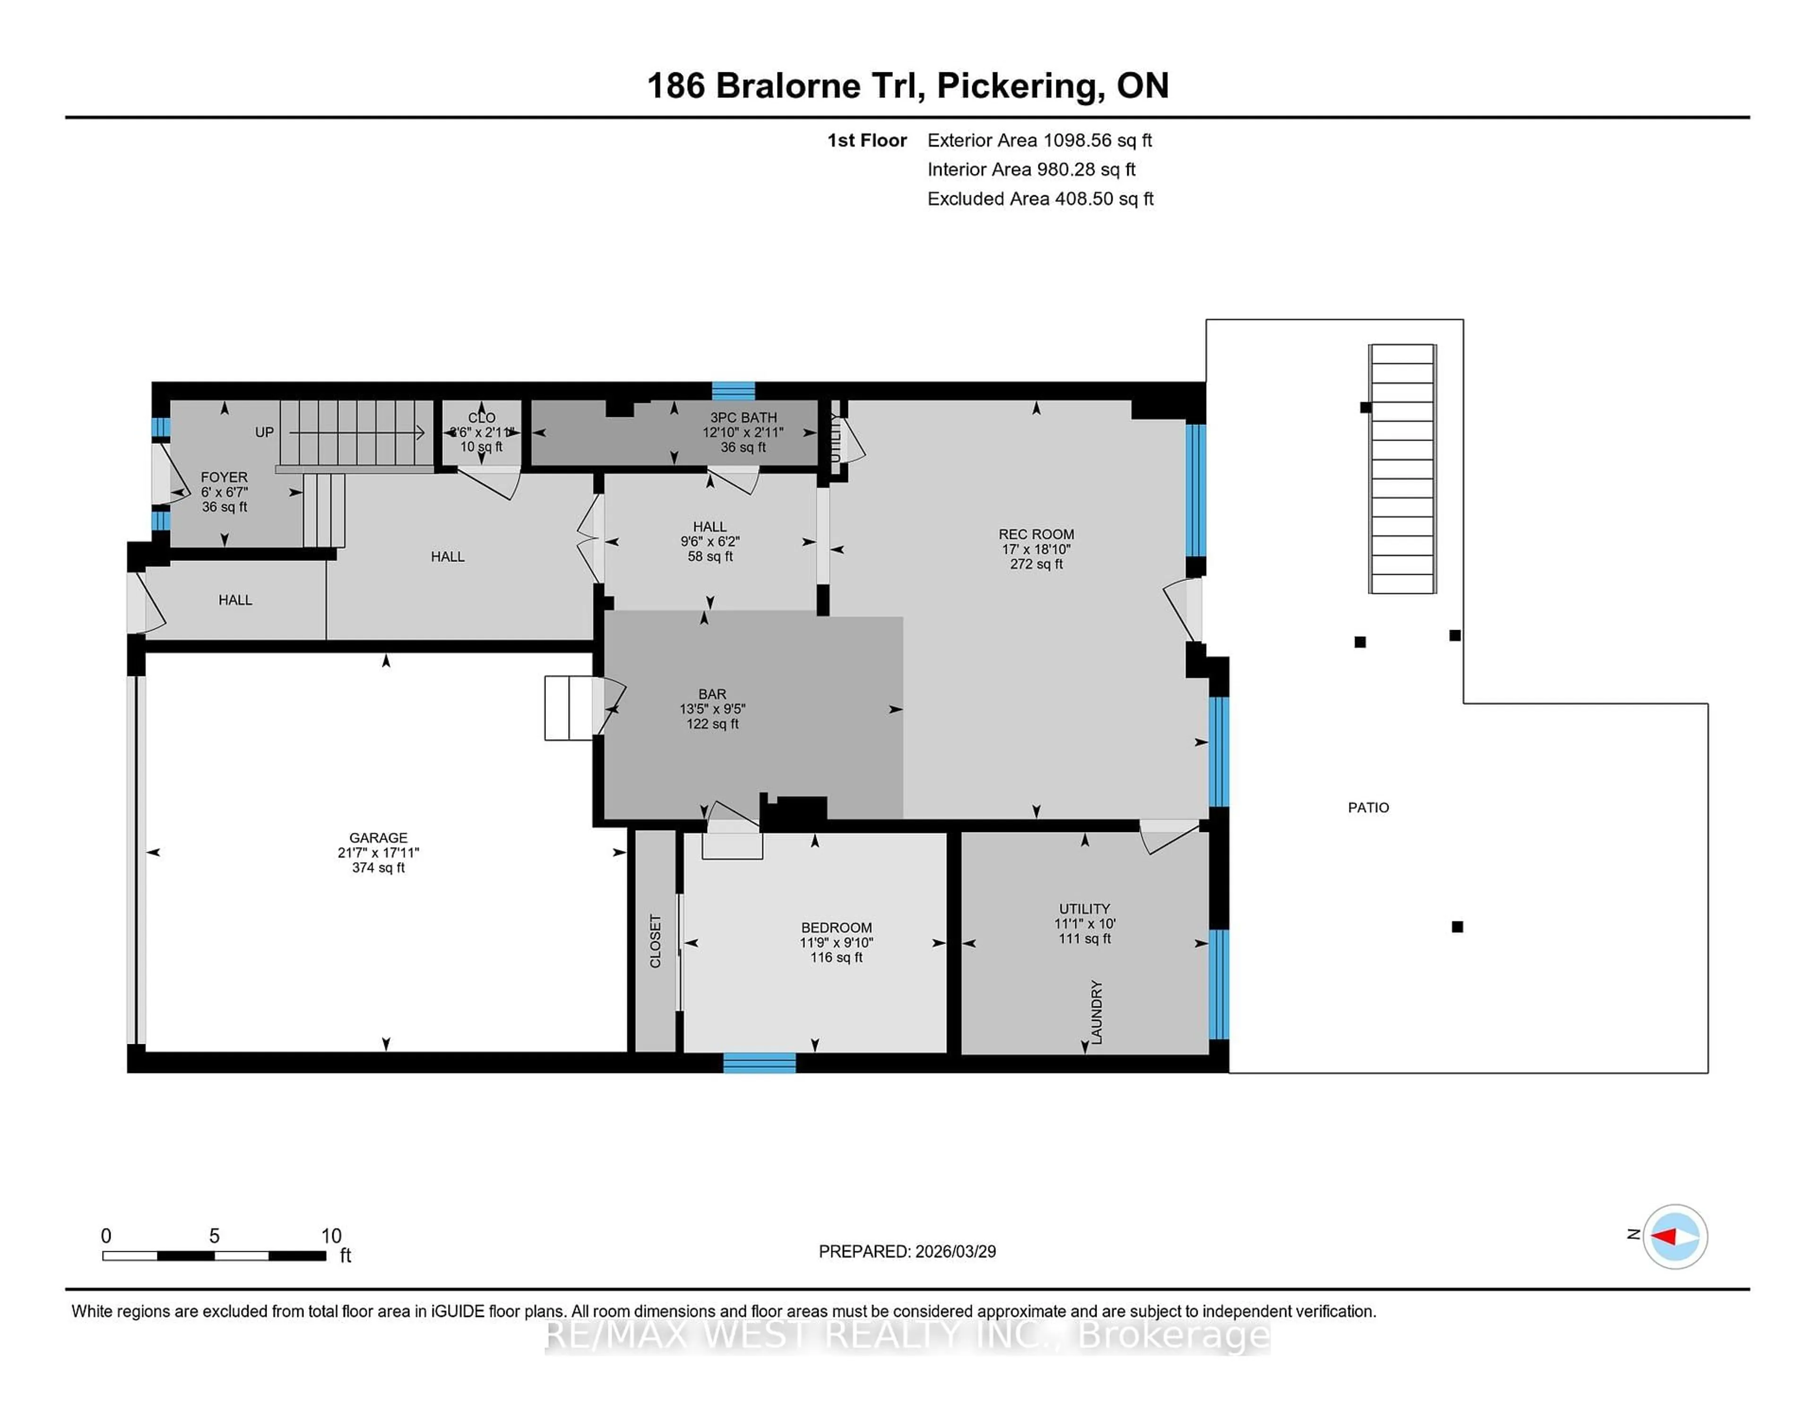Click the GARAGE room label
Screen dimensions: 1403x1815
coord(378,838)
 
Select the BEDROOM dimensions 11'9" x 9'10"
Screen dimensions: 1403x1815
coord(836,943)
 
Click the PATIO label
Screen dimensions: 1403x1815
coord(1368,807)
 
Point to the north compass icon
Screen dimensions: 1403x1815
coord(1675,1236)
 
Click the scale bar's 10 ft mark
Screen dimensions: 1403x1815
coord(331,1236)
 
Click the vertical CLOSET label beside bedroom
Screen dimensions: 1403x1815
coord(655,941)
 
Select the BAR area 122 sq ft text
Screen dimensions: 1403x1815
coord(712,724)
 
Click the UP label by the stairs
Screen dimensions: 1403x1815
coord(264,432)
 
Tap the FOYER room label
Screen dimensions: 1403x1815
coord(224,477)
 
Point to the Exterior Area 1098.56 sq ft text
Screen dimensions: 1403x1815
coord(1039,140)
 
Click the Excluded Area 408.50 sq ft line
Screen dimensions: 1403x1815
coord(1040,199)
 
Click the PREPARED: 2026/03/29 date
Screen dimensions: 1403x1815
coord(907,1251)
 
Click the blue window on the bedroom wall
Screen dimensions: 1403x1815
coord(759,1062)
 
